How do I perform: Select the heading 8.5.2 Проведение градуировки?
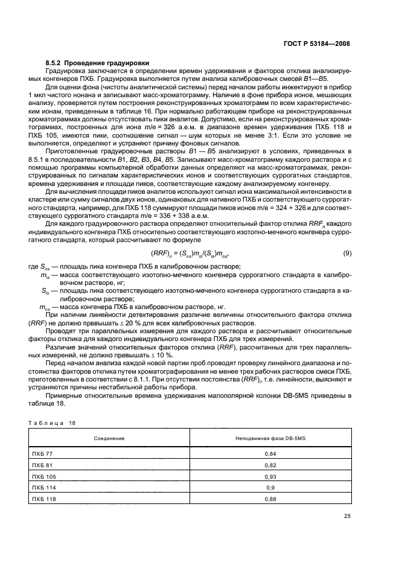(98, 63)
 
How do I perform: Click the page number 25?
(346, 516)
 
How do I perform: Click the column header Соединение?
(109, 438)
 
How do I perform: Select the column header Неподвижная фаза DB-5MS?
(270, 438)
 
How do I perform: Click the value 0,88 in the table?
(270, 498)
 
